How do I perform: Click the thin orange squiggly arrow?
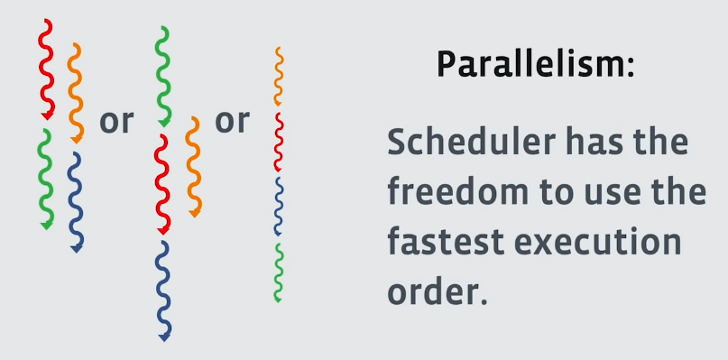coord(278,76)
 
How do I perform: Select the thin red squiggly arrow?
coord(278,142)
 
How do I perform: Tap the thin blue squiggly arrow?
coord(278,207)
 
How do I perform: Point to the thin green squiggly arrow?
coord(278,272)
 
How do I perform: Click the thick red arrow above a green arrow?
coord(46,69)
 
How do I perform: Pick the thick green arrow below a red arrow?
coord(46,179)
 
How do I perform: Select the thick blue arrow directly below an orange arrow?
coord(77,202)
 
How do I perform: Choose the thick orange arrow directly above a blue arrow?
coord(77,93)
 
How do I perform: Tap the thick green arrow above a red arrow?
coord(163,77)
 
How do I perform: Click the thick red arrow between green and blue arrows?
coord(163,184)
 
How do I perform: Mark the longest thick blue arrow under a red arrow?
coord(163,291)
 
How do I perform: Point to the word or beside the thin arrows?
coord(232,122)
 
